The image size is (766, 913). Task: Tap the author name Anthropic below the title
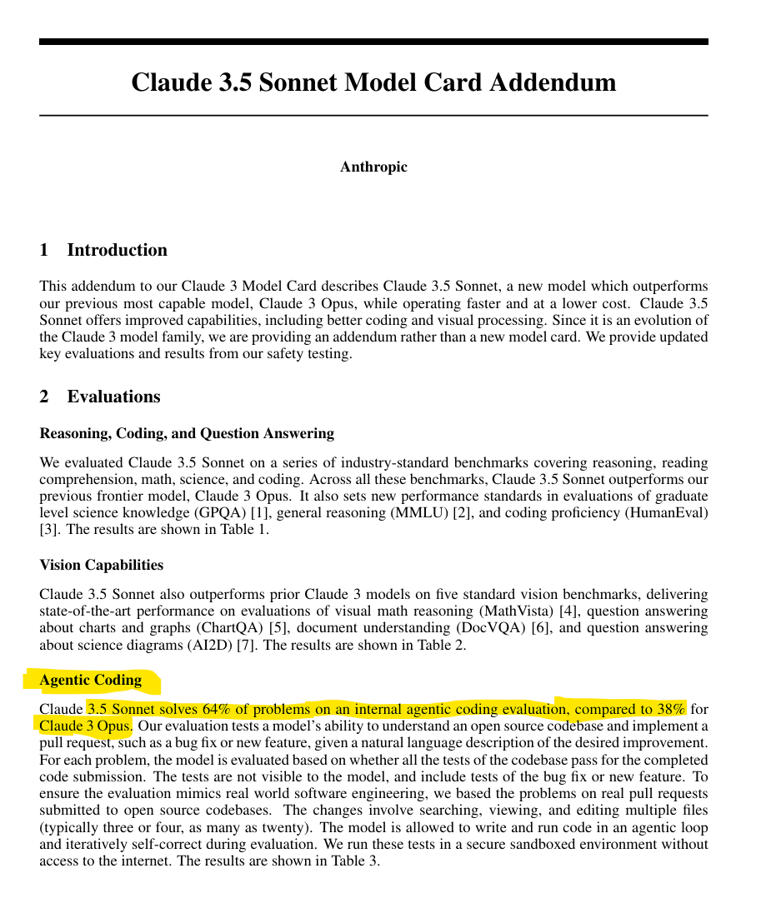pyautogui.click(x=373, y=167)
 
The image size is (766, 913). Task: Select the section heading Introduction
pyautogui.click(x=117, y=250)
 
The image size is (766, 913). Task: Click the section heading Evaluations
pyautogui.click(x=113, y=397)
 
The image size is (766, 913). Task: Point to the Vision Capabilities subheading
pyautogui.click(x=102, y=565)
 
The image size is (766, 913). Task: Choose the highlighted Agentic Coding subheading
pyautogui.click(x=91, y=680)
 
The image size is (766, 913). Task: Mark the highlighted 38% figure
pyautogui.click(x=669, y=710)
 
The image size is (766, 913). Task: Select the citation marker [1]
pyautogui.click(x=260, y=512)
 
